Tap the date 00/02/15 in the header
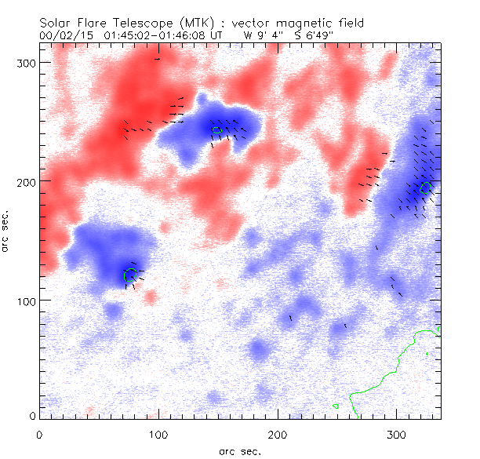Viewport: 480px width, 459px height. coord(65,35)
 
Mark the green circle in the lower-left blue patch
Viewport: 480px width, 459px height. coord(130,274)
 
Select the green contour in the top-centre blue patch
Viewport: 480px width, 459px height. coord(216,129)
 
